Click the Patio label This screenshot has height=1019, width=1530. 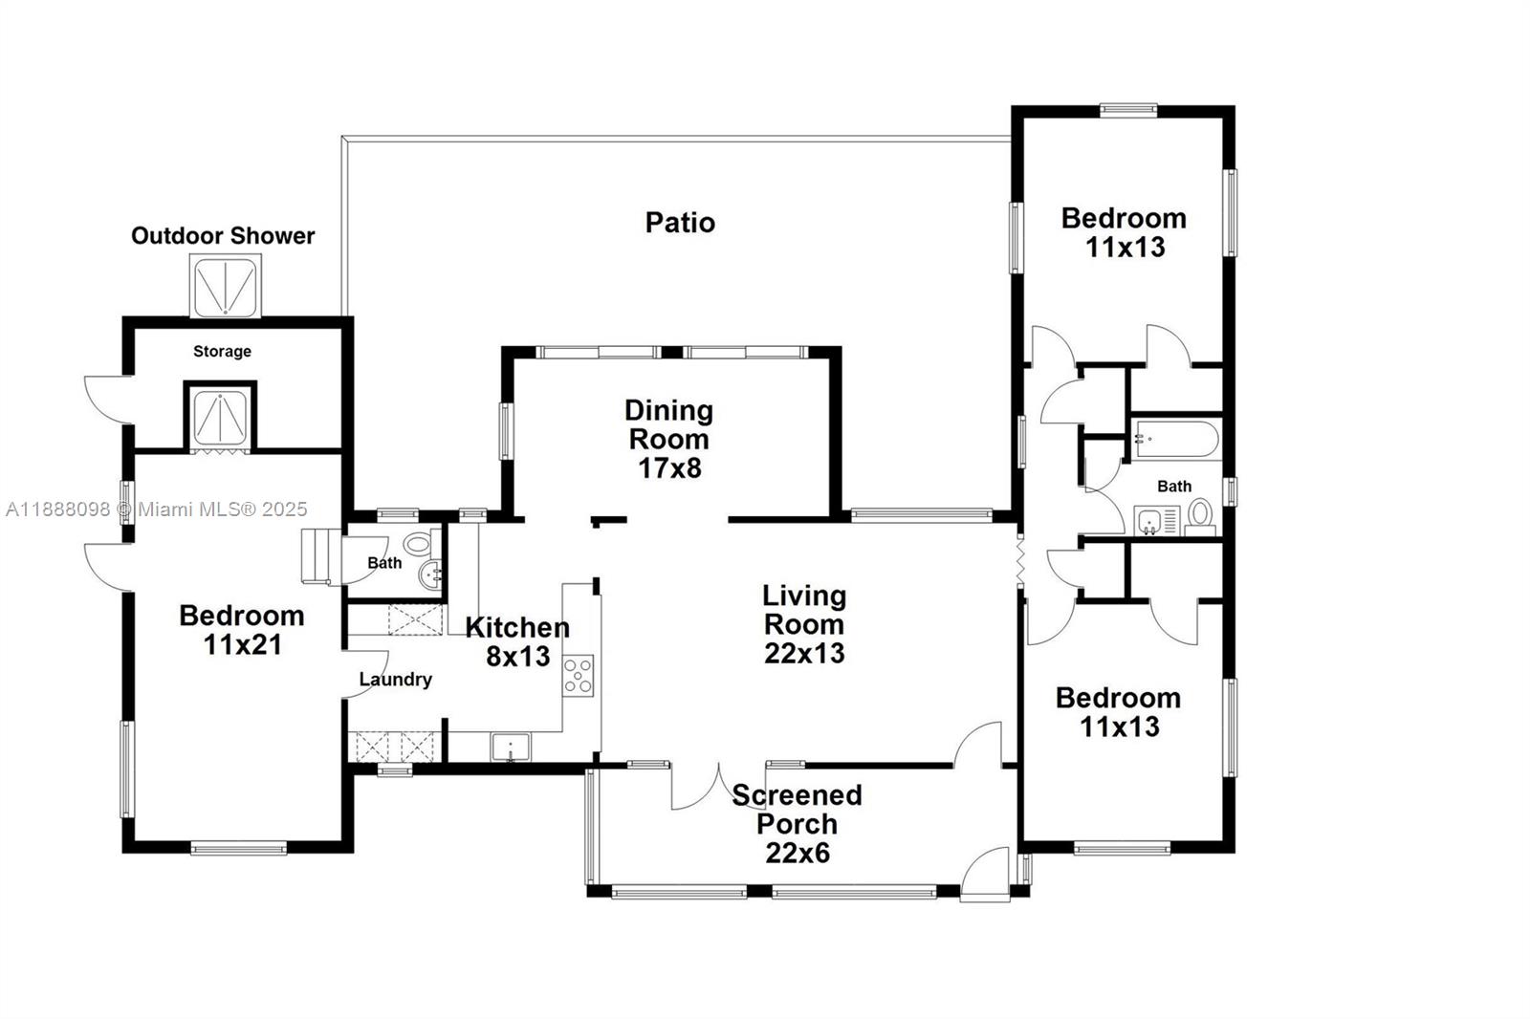click(680, 223)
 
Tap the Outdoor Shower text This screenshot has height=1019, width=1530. click(223, 236)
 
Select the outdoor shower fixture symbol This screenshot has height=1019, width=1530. click(224, 286)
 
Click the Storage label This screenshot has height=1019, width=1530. click(222, 352)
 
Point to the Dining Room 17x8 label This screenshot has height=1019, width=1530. click(668, 439)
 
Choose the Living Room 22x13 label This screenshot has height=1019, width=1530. click(804, 624)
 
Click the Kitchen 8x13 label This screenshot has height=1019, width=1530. click(517, 641)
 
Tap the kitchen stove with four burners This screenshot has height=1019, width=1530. click(578, 674)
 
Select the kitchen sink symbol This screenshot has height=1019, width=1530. click(511, 746)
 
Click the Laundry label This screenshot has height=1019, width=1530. click(396, 680)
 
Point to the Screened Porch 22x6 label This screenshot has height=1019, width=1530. click(798, 823)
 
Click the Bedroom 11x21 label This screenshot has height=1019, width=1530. click(242, 629)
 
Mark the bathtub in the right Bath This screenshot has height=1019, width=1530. click(1175, 440)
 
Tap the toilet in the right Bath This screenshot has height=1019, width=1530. click(1200, 515)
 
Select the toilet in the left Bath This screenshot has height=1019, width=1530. click(417, 544)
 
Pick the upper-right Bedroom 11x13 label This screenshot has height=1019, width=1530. click(1125, 232)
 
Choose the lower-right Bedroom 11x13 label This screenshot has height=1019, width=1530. click(1119, 712)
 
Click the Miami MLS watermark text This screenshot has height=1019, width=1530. click(157, 509)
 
